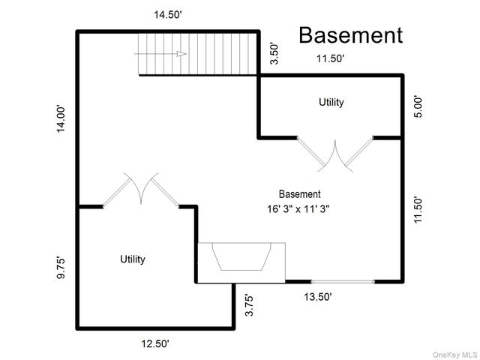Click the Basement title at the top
(351, 35)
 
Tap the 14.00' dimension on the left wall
(62, 118)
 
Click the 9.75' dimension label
(62, 268)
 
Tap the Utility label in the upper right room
(331, 102)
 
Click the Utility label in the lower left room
(133, 259)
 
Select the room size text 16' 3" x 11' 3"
(299, 209)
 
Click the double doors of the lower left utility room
(140, 188)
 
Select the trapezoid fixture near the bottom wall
(240, 259)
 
